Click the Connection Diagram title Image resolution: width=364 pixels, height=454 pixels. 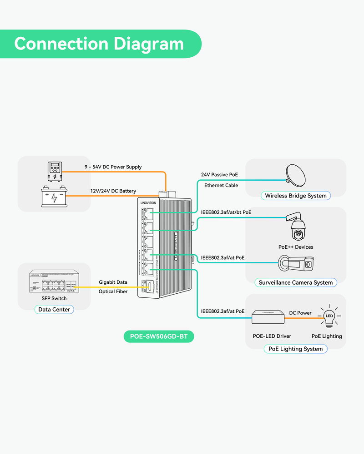[x=99, y=44]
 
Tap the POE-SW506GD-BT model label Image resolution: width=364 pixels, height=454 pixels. [x=158, y=337]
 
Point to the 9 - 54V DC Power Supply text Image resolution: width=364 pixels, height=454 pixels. [x=113, y=167]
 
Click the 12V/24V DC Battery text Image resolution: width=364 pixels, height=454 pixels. [x=113, y=191]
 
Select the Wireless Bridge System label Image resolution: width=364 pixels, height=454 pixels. [x=295, y=196]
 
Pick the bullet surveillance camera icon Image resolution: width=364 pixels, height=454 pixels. [x=296, y=263]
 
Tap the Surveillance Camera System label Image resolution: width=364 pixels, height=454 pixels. [x=295, y=282]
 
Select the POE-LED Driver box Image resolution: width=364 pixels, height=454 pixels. [x=268, y=317]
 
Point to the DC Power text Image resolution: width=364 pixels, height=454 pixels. [x=300, y=313]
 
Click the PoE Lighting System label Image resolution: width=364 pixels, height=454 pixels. [x=295, y=349]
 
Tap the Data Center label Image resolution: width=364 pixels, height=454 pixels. [x=54, y=310]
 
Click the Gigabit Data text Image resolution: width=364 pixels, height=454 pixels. [x=114, y=282]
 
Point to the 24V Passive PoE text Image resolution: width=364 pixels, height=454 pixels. [x=219, y=174]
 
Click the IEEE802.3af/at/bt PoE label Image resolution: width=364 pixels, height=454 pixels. [x=226, y=212]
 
